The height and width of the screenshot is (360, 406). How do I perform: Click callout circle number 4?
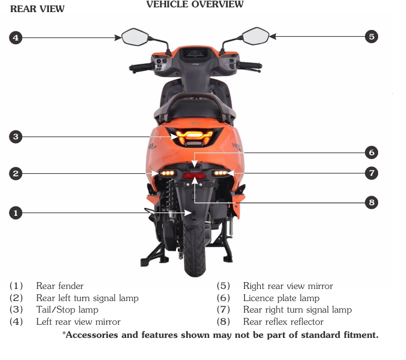coord(16,38)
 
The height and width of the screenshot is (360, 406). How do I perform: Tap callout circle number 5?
coord(372,36)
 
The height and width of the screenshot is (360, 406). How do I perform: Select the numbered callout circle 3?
coord(16,137)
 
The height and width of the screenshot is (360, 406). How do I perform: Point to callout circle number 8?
coord(372,202)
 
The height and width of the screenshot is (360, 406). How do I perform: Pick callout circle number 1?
coord(16,213)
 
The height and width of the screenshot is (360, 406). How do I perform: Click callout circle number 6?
coord(372,153)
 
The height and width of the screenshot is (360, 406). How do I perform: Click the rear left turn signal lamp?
coord(168,173)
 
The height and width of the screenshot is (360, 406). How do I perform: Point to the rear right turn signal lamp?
coord(220,173)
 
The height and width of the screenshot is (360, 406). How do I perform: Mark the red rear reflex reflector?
coord(194,176)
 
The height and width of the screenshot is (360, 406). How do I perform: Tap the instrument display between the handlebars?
coord(194,53)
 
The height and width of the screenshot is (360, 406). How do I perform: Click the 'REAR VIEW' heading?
coord(37,9)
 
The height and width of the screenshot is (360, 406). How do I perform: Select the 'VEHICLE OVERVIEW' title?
coord(195,5)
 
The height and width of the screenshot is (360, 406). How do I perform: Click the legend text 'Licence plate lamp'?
coord(281,298)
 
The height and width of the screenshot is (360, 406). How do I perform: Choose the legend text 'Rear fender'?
coord(59,286)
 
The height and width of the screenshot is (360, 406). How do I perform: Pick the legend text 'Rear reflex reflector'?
coord(283,321)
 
